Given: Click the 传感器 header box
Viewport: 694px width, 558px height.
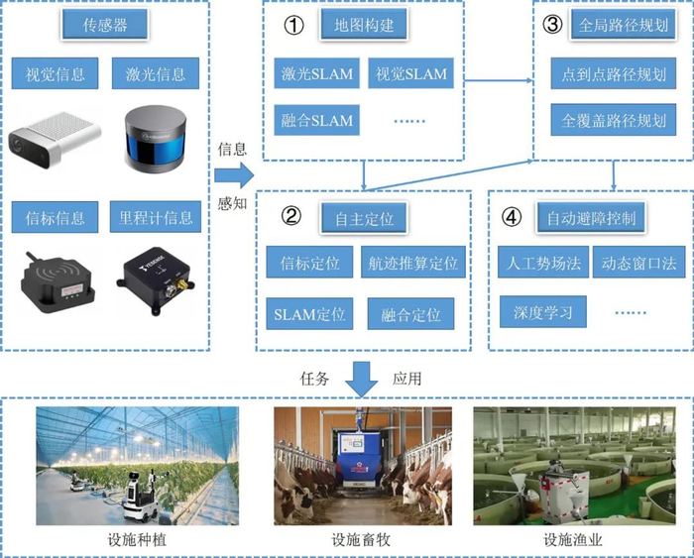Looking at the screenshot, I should [103, 26].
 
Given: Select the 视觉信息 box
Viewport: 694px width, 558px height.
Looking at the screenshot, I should [56, 72].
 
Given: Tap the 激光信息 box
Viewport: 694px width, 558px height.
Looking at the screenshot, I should [154, 72].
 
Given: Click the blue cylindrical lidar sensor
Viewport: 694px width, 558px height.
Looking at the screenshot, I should [155, 137].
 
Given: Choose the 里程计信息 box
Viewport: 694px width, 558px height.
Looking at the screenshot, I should [154, 216].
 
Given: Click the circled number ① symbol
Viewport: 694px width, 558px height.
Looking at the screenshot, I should [292, 25].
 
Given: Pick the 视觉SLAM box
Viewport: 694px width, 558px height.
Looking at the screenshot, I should [409, 72].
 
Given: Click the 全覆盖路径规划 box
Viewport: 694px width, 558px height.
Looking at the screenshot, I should [614, 121].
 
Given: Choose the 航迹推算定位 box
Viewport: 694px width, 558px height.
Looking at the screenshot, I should [411, 264].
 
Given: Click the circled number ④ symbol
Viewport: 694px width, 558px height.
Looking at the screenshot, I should [512, 214].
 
